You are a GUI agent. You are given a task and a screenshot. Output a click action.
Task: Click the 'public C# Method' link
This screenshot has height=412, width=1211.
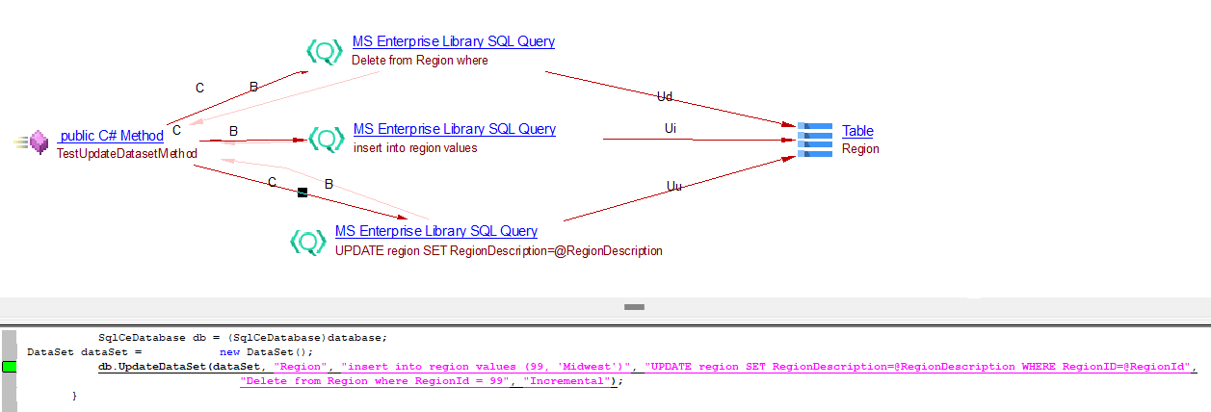111,136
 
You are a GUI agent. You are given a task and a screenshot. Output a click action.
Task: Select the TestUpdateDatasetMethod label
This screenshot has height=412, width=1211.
127,154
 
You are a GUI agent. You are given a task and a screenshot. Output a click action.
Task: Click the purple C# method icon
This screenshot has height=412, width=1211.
39,142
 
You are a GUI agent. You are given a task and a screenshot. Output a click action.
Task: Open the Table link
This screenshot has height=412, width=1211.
857,131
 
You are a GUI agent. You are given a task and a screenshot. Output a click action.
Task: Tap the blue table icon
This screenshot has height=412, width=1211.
815,140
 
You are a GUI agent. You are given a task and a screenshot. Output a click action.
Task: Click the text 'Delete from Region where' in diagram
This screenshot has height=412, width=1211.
419,61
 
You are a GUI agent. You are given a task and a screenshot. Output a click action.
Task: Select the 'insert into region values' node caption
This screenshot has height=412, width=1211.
415,148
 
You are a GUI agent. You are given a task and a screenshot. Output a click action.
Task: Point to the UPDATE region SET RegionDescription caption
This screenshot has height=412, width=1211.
498,251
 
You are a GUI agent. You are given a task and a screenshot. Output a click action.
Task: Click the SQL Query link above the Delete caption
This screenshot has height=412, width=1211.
453,41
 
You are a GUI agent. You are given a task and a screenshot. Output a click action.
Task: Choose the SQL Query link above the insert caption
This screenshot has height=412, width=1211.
454,129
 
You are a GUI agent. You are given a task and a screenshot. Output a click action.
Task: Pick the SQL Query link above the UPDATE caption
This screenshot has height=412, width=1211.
435,231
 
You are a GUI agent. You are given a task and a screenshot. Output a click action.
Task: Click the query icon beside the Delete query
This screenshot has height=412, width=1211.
325,51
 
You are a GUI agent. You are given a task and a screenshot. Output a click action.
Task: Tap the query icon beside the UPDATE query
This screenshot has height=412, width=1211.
308,242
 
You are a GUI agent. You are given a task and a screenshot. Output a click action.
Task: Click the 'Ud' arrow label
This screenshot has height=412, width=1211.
665,96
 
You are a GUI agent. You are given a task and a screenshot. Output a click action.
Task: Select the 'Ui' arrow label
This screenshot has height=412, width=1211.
671,128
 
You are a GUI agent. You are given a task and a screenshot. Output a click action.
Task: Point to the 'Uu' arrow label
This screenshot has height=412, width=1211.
674,186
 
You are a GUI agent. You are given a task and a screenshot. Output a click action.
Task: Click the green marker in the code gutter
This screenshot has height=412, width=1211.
10,367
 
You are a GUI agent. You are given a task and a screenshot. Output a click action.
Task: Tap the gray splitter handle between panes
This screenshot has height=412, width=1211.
634,307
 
